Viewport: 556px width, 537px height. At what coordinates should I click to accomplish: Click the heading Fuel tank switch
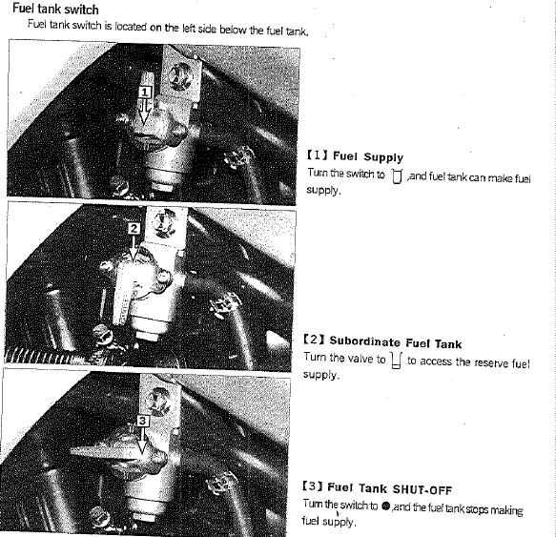[x=55, y=9]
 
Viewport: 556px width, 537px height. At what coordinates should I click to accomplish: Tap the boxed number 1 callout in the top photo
[x=145, y=93]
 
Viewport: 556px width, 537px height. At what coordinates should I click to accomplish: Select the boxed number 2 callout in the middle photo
[x=134, y=228]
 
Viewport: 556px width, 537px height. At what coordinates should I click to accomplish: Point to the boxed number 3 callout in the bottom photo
[x=143, y=421]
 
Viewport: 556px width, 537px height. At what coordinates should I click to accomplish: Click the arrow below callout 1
[x=145, y=112]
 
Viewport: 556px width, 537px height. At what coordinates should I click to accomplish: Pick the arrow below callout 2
[x=134, y=248]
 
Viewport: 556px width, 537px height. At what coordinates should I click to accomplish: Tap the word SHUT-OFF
[x=422, y=490]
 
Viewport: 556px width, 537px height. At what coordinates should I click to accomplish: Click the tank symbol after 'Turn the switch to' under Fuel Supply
[x=397, y=176]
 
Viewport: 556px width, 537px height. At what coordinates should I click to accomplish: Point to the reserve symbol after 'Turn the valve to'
[x=396, y=361]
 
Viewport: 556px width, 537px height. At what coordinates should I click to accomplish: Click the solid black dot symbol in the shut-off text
[x=386, y=506]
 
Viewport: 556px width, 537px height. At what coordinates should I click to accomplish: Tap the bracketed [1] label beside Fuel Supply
[x=318, y=155]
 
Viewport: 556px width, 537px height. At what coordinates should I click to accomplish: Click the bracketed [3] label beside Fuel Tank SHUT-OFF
[x=313, y=485]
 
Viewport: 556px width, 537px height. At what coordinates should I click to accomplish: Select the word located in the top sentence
[x=131, y=27]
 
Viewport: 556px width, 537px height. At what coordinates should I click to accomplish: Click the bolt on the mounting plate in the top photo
[x=180, y=76]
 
